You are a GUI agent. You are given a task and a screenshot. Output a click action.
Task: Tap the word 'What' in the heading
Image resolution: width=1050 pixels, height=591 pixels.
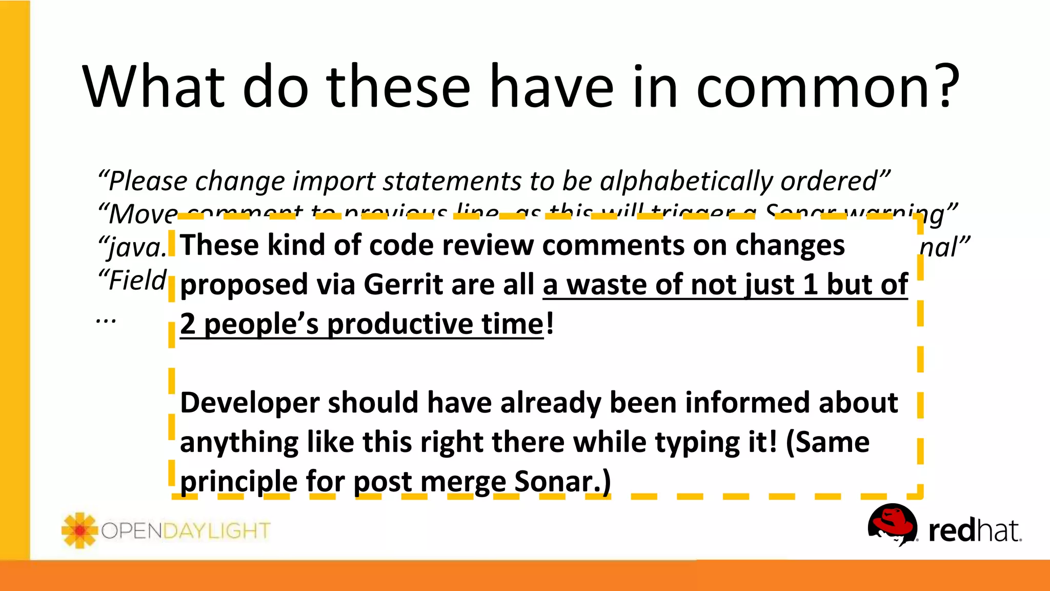tap(153, 86)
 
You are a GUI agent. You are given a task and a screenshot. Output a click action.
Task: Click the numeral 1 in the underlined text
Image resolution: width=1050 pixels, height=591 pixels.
tap(810, 285)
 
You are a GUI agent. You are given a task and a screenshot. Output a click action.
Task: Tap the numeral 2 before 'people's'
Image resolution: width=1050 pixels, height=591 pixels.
tap(188, 324)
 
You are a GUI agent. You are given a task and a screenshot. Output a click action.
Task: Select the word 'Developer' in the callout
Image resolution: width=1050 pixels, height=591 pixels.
tap(249, 403)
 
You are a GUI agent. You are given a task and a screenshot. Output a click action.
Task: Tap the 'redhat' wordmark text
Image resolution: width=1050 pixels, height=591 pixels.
tap(974, 530)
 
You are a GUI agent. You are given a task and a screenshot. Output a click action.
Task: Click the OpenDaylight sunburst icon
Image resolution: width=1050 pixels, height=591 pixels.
tap(79, 530)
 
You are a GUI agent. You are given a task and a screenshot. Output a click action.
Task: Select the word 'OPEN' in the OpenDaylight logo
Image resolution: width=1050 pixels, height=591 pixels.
tap(132, 531)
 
